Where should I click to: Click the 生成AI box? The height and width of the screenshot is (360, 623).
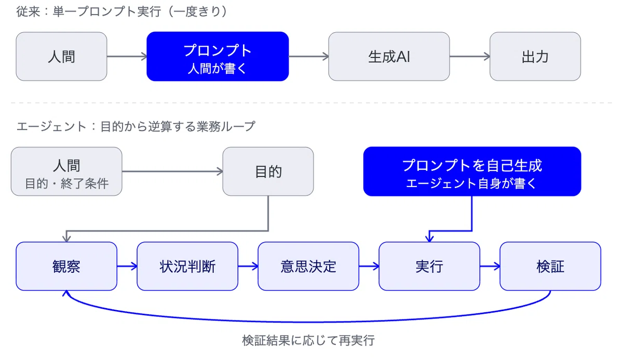[389, 57]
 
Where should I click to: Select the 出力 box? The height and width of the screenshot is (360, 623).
[535, 57]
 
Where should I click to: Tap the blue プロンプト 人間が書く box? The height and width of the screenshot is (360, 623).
[218, 57]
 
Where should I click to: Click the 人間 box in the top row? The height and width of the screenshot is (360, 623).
[61, 57]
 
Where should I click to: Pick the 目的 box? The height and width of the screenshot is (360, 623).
[268, 171]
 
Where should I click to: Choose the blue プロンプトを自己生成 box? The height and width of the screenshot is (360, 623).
[472, 171]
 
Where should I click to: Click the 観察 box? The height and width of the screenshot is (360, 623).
[66, 266]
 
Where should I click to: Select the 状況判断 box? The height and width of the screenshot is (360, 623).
[187, 266]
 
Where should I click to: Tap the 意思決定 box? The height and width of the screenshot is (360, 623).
[308, 266]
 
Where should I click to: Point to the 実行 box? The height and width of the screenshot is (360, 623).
[429, 266]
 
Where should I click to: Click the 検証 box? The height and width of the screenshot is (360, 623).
[550, 266]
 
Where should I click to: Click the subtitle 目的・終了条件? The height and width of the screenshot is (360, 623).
[67, 183]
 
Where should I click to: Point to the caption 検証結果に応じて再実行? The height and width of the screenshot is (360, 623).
[308, 340]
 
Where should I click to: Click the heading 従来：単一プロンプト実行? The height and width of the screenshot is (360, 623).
[89, 11]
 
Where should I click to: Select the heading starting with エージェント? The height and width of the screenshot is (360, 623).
[136, 127]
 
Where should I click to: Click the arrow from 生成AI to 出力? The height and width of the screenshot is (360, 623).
[470, 57]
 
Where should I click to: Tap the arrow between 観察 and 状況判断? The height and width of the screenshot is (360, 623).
[127, 266]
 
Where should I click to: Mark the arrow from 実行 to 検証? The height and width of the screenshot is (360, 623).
[490, 266]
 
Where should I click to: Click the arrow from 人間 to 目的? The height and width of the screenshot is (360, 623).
[172, 171]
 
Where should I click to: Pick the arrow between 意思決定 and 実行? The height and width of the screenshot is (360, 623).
[369, 266]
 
